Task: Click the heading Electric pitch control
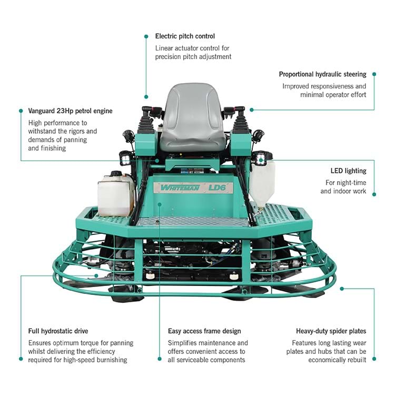coord(185,36)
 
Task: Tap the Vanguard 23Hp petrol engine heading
coord(70,111)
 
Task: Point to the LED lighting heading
coord(349,171)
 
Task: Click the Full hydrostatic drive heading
coord(58,331)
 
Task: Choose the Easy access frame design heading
coord(204,331)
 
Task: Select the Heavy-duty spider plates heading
coord(331,331)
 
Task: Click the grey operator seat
coord(193,119)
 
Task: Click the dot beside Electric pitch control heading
coord(146,36)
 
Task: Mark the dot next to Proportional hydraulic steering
coord(374,74)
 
